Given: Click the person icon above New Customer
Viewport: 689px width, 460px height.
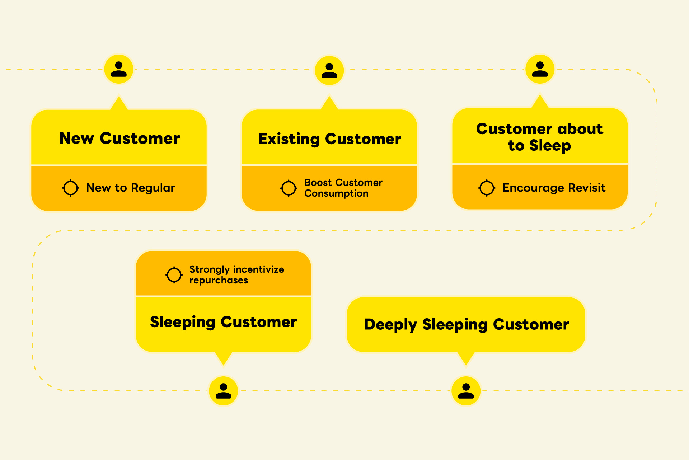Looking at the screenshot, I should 119,69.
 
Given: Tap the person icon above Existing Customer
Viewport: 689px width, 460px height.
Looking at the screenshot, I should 329,70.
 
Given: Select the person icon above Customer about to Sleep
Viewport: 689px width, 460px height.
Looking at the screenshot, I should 540,69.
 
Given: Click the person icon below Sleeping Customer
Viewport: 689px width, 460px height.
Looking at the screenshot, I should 223,391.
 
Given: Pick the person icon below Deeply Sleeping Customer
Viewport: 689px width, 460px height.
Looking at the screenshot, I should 466,391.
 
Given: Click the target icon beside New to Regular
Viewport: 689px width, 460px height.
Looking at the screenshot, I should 70,188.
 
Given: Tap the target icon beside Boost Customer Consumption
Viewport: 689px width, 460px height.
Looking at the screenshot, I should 289,188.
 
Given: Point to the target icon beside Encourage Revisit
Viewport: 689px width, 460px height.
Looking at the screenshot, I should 487,188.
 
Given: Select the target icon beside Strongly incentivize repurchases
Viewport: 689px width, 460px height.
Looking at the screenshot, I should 174,275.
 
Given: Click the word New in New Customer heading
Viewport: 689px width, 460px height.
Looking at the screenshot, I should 76,139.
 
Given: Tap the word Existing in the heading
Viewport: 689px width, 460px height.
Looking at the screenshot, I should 289,139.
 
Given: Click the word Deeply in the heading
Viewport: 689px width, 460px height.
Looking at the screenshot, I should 390,325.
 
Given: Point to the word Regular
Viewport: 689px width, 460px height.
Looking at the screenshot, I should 153,188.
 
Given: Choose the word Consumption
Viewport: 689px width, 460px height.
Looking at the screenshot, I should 336,193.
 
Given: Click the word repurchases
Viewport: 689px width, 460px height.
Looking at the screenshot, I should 219,280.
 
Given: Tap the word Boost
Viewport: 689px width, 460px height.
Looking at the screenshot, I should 318,183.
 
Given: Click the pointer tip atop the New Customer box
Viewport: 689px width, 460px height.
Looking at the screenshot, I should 119,98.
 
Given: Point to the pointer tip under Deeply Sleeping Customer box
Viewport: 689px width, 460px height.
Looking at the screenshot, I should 466,364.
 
